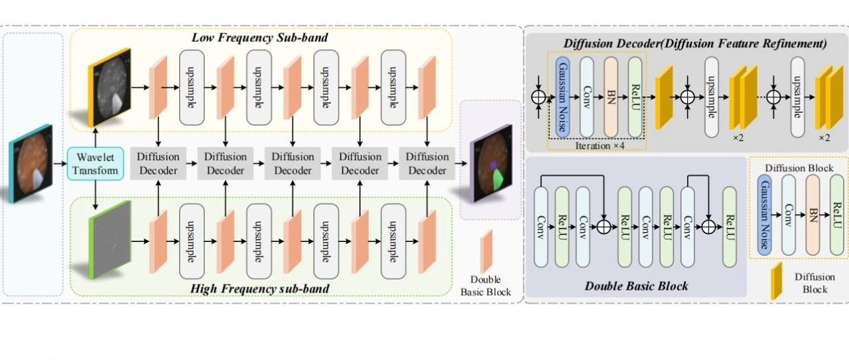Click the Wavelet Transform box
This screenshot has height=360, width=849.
95,163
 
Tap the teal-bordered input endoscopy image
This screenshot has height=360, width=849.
31,163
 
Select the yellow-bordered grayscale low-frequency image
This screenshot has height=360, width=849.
109,87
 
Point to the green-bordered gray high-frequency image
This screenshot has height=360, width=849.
110,239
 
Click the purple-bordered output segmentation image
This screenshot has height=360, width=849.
491,163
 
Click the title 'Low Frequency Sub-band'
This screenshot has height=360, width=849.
259,38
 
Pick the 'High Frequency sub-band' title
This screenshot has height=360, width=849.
259,288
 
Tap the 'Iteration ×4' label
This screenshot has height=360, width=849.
600,145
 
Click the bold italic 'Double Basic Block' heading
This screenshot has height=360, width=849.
636,286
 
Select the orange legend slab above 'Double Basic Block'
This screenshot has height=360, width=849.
486,251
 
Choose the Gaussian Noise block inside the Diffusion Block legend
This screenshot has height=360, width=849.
765,215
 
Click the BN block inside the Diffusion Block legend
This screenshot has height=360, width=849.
813,215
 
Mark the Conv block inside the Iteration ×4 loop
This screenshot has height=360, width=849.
587,97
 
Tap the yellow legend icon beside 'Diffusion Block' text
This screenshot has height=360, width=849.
776,281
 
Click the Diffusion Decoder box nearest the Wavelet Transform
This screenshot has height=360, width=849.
158,163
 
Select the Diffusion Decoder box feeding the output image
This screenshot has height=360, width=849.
427,163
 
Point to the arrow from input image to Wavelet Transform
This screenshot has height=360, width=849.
60,164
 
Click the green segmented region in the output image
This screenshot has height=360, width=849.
499,179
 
